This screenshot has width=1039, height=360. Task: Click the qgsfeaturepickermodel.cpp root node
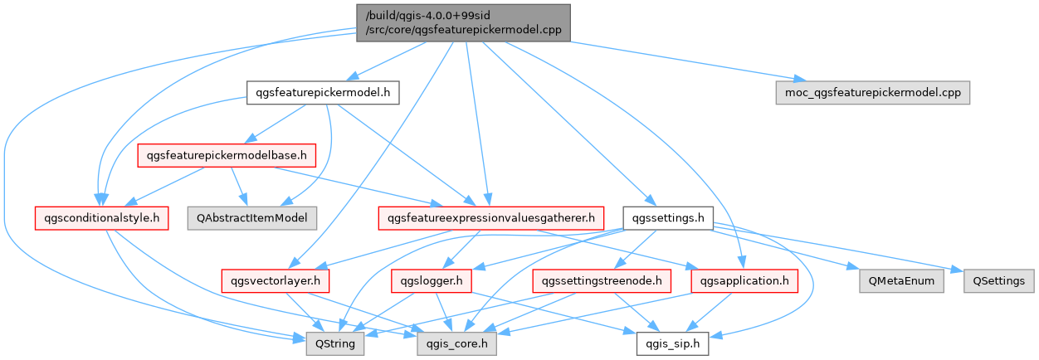click(x=463, y=22)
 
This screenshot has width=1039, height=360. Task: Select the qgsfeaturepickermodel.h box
click(x=323, y=92)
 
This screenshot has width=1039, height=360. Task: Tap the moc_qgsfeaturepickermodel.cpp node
click(x=872, y=92)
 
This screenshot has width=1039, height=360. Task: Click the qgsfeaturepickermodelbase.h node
click(x=227, y=154)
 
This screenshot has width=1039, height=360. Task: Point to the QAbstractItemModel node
click(x=247, y=218)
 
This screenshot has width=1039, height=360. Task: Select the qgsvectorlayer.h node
click(x=276, y=281)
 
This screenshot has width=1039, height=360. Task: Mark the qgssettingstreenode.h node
click(x=602, y=281)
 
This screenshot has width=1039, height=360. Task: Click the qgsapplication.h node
click(x=744, y=281)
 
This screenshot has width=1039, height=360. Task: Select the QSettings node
click(x=998, y=281)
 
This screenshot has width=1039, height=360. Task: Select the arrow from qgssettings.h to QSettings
click(x=838, y=246)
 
